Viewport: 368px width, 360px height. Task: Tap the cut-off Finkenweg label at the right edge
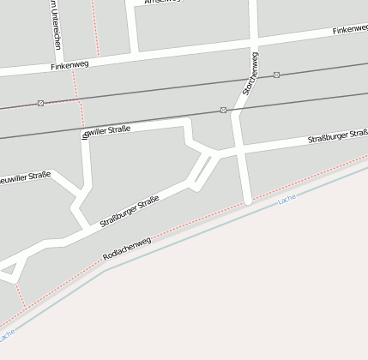tap(349, 29)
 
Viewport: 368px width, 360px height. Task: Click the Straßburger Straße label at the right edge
tap(337, 136)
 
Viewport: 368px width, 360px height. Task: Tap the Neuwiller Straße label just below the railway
tap(107, 130)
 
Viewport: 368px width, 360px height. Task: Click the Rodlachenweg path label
tap(126, 248)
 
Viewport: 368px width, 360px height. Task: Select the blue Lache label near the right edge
tap(287, 200)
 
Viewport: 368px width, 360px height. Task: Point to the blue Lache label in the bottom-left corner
tap(7, 332)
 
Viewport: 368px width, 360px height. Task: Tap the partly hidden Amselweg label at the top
tap(163, 3)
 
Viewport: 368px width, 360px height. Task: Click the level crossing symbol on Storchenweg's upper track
tap(276, 75)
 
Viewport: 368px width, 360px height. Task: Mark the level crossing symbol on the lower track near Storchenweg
tap(223, 110)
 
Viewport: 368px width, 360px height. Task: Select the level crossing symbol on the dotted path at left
tap(40, 103)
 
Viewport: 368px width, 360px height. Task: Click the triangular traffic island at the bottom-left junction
tap(10, 273)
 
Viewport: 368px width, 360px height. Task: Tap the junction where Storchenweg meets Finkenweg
tap(255, 40)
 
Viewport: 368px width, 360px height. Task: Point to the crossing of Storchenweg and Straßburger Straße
tap(241, 151)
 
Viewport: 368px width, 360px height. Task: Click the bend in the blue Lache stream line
tap(106, 271)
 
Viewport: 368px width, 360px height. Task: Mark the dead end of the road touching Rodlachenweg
tap(248, 201)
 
